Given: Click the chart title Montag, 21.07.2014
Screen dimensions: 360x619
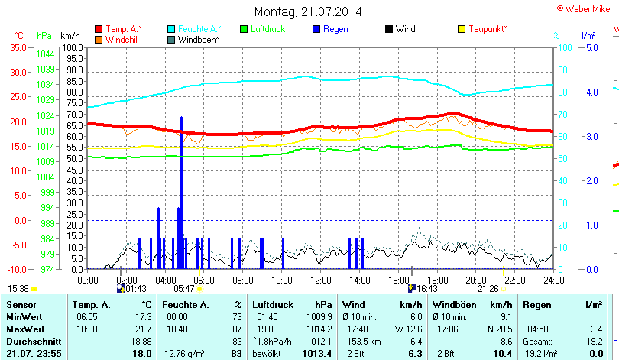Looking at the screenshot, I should [308, 12].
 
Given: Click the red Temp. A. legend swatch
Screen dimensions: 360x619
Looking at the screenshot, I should [99, 29].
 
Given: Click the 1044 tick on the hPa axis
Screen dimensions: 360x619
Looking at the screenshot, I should [45, 54].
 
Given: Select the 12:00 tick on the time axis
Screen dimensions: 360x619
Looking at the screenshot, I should [321, 280].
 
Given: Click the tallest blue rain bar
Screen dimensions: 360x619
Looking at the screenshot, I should [181, 191].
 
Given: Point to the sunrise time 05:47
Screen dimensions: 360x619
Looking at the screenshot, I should [184, 289].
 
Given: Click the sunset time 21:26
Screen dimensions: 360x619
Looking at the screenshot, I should [488, 289].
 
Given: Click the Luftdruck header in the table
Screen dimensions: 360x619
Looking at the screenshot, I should [271, 305].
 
